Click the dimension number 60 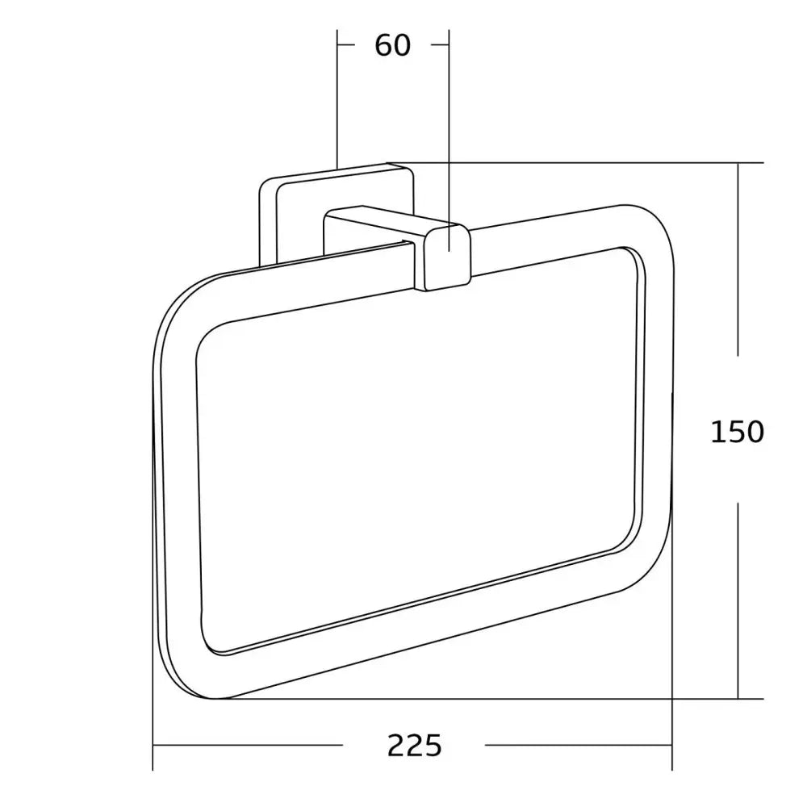pos(393,46)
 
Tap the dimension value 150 pos(737,433)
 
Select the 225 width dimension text pos(414,746)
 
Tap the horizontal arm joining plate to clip pos(379,222)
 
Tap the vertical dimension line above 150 pos(738,258)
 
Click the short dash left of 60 pos(347,46)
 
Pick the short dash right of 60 pos(440,46)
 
